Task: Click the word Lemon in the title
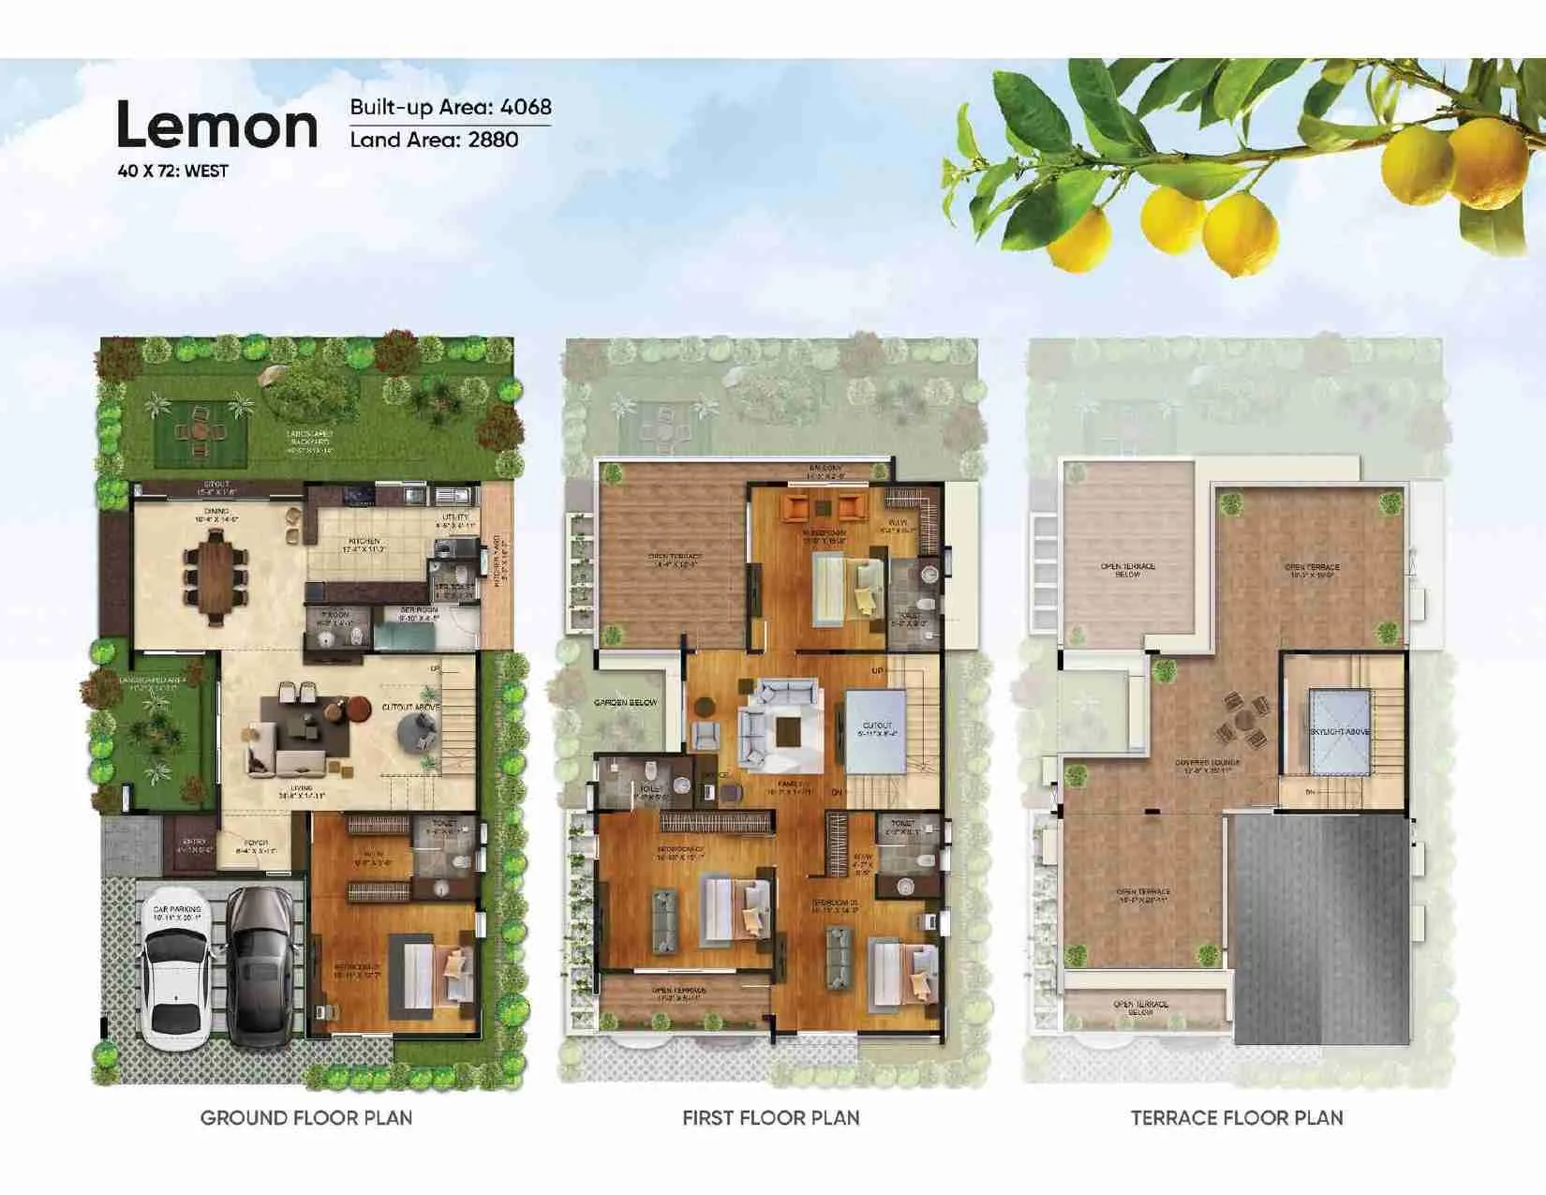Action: tap(216, 127)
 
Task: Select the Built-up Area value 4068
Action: tap(526, 107)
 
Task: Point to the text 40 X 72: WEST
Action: tap(172, 172)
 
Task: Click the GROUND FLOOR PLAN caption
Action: tap(306, 1118)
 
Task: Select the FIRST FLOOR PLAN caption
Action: tap(770, 1118)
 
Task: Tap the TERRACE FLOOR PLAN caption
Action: tap(1237, 1118)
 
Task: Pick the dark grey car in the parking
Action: tap(260, 965)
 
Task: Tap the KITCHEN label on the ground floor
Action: tap(364, 542)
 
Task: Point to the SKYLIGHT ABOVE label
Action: tap(1340, 731)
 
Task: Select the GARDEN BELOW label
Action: tap(626, 702)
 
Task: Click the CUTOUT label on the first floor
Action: tap(877, 725)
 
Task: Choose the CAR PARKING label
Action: tap(177, 909)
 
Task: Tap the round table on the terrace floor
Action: tap(1241, 721)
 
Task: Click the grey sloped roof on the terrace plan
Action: tap(1321, 928)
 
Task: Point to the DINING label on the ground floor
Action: tap(217, 512)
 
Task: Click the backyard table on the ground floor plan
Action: tap(199, 430)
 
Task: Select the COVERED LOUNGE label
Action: tap(1207, 763)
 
